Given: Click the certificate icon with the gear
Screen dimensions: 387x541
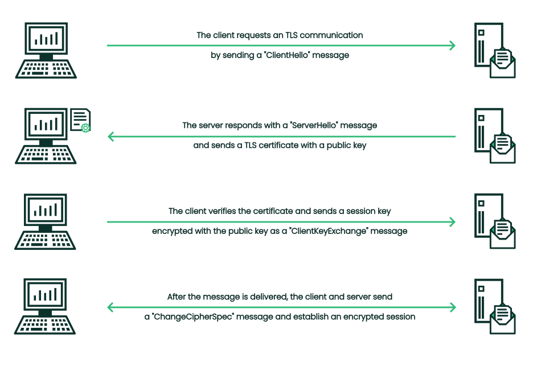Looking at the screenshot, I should (x=80, y=120).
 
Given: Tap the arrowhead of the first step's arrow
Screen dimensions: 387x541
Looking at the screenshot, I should (x=452, y=46).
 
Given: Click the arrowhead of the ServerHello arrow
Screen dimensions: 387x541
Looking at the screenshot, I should (x=111, y=137).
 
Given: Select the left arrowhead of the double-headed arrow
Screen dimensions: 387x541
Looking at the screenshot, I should (x=111, y=308).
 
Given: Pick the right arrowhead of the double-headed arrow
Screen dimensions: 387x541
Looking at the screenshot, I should (x=452, y=308).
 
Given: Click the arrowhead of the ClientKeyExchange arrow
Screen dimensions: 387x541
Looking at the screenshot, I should (x=452, y=222).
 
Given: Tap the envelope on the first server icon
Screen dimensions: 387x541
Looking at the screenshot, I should (x=502, y=63).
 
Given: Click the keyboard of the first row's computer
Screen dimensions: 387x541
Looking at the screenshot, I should (x=46, y=69).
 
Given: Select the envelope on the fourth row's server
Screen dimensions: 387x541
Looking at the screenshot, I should (x=502, y=319).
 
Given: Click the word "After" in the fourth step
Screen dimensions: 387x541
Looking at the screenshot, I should (x=177, y=297).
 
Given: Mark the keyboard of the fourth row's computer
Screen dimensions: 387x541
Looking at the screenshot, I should (x=45, y=325).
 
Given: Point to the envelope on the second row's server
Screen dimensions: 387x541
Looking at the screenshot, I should (x=502, y=149).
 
